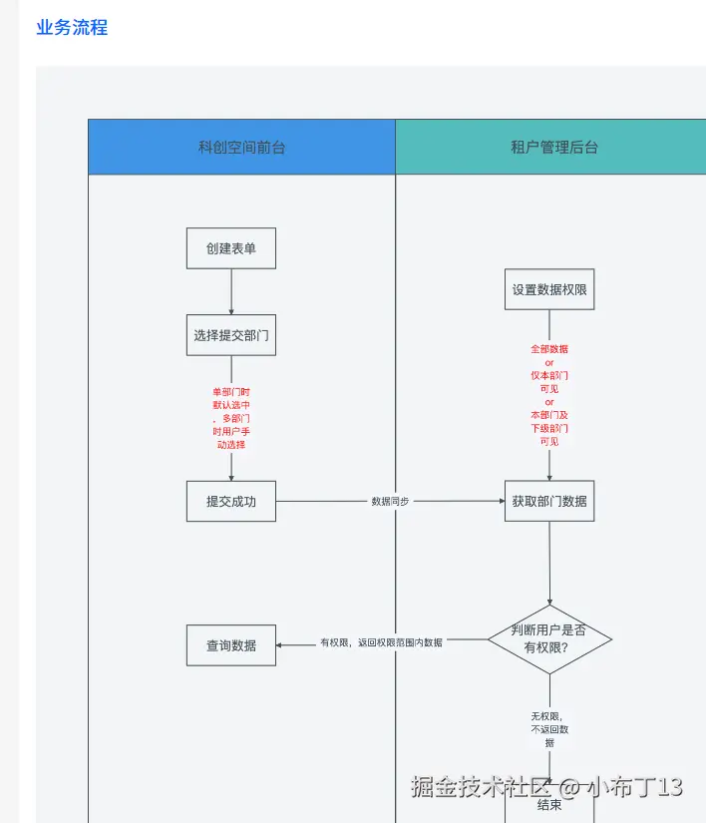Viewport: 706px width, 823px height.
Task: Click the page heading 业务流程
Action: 72,28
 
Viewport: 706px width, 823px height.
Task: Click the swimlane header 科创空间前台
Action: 241,148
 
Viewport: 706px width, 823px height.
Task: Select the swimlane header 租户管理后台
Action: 554,148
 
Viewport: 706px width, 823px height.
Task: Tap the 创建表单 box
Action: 231,248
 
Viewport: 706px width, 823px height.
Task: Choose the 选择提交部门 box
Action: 231,335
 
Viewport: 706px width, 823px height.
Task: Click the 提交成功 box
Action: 231,501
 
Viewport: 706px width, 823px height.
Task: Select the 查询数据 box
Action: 231,645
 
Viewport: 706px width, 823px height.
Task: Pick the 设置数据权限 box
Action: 549,289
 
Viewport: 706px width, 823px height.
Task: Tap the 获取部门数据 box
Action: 549,501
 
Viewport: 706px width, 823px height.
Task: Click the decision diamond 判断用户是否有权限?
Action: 549,638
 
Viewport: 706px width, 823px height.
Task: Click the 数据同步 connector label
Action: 390,501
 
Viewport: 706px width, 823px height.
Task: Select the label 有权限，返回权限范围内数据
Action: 382,642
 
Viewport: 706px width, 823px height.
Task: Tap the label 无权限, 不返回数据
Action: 549,729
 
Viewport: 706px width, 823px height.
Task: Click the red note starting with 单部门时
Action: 231,418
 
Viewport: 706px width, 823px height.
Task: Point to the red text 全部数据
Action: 549,349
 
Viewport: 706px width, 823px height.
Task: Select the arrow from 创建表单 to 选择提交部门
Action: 231,291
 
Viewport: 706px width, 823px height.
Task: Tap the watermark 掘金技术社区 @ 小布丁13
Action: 547,785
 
